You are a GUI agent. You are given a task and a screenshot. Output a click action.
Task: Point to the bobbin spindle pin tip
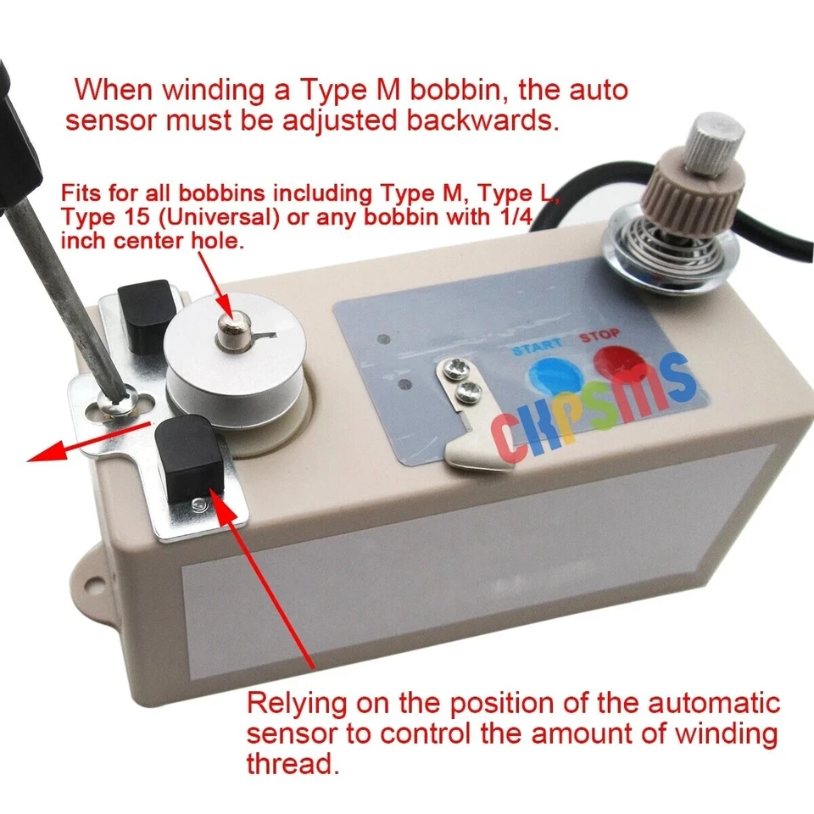tap(228, 326)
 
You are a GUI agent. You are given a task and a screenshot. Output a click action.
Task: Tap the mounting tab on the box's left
tap(96, 584)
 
